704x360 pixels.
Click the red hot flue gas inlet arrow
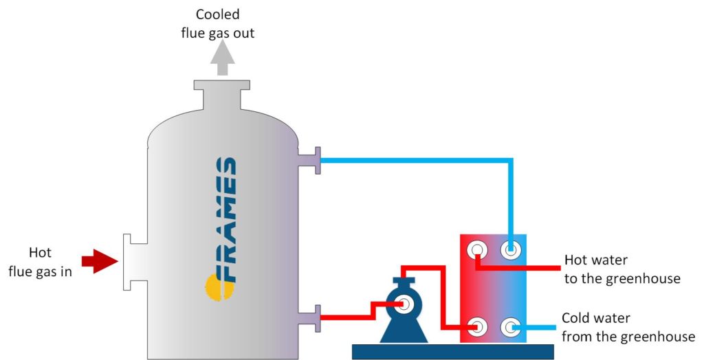[99, 261]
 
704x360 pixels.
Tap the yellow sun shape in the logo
[212, 284]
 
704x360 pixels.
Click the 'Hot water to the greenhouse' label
[621, 269]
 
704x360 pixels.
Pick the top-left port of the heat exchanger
[476, 249]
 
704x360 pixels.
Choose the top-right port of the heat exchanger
[510, 249]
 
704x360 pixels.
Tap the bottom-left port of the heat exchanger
[476, 326]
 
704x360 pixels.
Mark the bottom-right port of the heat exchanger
[510, 326]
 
